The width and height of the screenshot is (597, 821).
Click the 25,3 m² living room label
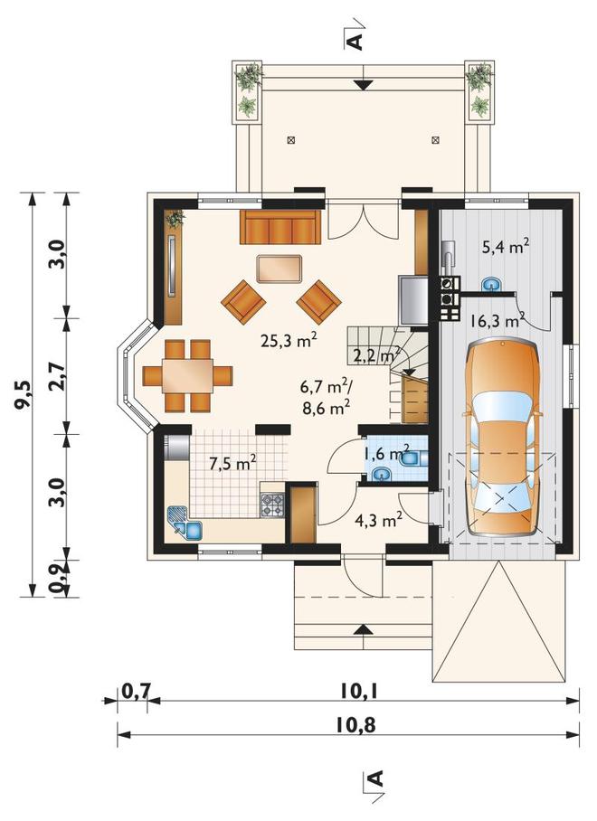coord(289,341)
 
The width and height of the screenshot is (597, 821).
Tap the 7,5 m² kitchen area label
coord(232,463)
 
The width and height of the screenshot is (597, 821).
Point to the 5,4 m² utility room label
coord(505,246)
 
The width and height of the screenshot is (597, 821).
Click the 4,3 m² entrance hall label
coord(378,520)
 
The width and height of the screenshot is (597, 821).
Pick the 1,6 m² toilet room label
coord(386,452)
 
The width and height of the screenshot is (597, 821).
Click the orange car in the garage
coord(502,438)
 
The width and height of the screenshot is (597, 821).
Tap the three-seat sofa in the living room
coord(280,227)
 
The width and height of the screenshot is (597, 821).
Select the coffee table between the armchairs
coord(280,269)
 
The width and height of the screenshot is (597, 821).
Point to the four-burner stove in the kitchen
coord(272,505)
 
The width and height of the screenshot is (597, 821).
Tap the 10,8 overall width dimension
coord(355,726)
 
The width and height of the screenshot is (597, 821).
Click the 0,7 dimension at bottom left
coord(136,691)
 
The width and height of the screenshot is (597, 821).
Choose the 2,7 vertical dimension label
coord(58,375)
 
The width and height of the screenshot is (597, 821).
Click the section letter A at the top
coord(355,41)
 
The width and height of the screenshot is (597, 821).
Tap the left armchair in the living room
coord(243,300)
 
